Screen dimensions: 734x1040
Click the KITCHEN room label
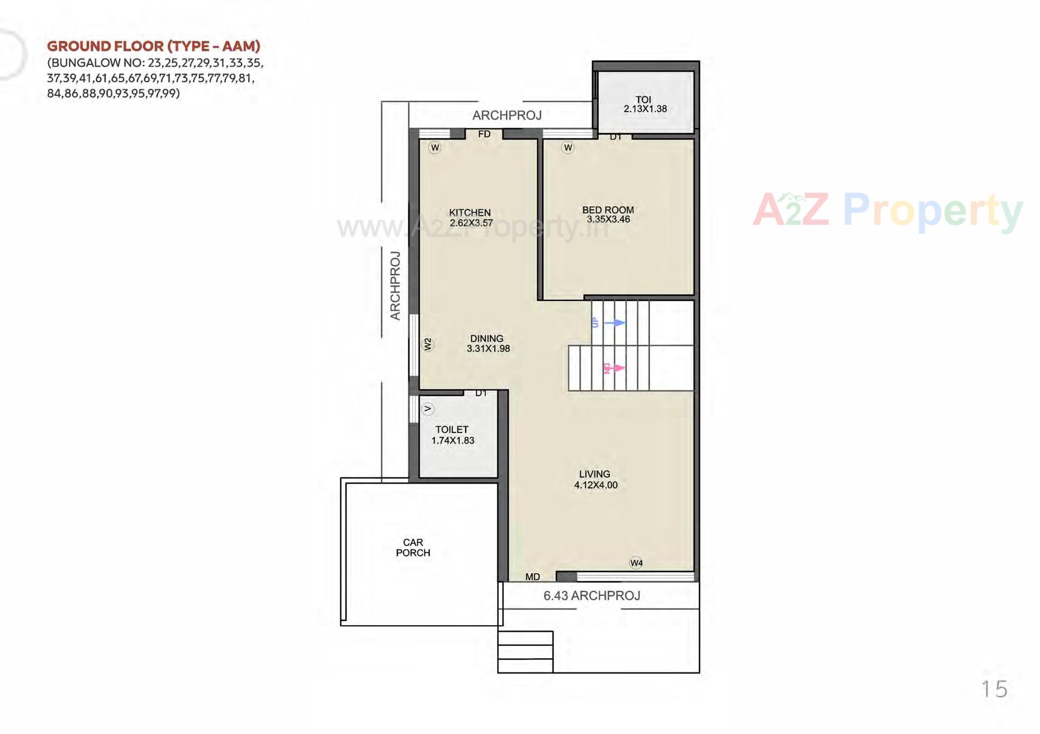pyautogui.click(x=470, y=212)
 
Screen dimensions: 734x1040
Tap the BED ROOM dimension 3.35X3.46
pyautogui.click(x=608, y=220)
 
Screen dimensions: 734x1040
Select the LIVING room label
pyautogui.click(x=594, y=474)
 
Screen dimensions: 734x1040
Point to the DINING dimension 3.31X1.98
pyautogui.click(x=488, y=349)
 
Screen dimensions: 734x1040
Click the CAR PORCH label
pyautogui.click(x=413, y=547)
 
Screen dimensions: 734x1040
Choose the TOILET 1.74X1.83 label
pyautogui.click(x=452, y=435)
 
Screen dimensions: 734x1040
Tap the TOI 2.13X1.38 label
pyautogui.click(x=645, y=104)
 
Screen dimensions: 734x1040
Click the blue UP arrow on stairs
pyautogui.click(x=614, y=323)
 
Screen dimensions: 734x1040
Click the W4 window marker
pyautogui.click(x=636, y=563)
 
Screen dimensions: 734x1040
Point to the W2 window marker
pyautogui.click(x=427, y=344)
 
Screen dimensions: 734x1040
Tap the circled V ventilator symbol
pyautogui.click(x=427, y=409)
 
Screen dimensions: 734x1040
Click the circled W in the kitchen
pyautogui.click(x=434, y=147)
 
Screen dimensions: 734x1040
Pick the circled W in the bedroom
pyautogui.click(x=567, y=147)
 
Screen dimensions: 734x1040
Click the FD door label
pyautogui.click(x=484, y=134)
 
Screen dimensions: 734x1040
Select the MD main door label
pyautogui.click(x=532, y=577)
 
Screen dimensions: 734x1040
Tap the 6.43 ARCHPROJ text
pyautogui.click(x=591, y=595)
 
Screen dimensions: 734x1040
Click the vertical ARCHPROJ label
pyautogui.click(x=395, y=285)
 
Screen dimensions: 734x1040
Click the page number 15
pyautogui.click(x=994, y=689)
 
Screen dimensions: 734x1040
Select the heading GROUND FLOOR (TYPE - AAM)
pyautogui.click(x=153, y=46)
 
